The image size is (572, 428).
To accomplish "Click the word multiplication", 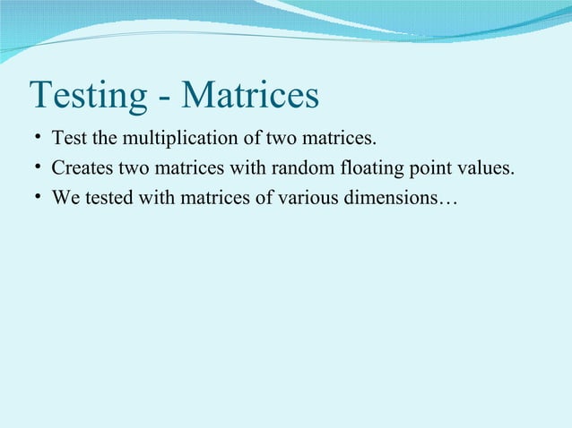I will [x=166, y=140].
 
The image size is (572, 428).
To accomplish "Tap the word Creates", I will [x=82, y=168].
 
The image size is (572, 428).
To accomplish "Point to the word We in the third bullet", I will [x=65, y=197].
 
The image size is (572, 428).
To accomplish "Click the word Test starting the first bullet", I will [x=68, y=140].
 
